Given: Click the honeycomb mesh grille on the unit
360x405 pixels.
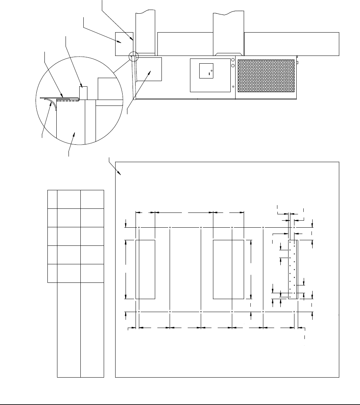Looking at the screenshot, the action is pos(266,76).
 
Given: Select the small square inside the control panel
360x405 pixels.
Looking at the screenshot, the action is pos(206,70).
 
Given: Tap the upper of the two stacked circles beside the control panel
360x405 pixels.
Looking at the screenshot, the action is pos(233,60).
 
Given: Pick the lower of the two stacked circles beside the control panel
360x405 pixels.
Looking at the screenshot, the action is pos(233,66).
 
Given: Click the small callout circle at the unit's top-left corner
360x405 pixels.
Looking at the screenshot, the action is pos(133,57).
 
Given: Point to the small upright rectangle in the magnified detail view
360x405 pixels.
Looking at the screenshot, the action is pos(84,93).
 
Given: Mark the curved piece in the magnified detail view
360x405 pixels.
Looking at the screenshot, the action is pos(51,103).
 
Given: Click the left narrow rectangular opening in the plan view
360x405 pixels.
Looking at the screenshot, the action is pos(145,269).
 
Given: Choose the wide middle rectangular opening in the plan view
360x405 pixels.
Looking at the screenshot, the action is pos(228,269).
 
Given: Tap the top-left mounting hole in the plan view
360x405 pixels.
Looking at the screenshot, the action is pos(139,227).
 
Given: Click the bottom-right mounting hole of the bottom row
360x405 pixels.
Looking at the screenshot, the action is pos(294,312).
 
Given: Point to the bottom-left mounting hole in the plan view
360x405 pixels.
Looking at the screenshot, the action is pos(139,312).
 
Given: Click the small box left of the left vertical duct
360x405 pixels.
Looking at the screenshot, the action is pos(124,43).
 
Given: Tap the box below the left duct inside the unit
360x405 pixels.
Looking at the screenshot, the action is pos(149,69).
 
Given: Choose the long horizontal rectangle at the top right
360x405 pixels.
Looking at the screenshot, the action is pos(291,43).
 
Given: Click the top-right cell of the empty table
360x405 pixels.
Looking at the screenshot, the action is pos(93,199).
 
